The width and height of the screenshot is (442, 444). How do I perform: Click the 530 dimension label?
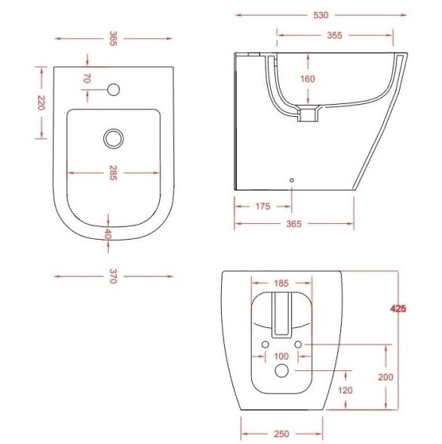click(321, 15)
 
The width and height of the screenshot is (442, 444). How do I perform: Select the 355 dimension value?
click(334, 35)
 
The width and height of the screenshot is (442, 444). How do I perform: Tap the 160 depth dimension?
click(308, 78)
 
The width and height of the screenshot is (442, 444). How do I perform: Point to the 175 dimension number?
click(262, 207)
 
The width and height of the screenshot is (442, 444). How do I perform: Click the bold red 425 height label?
click(398, 308)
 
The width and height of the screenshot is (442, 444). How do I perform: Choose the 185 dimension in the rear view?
click(281, 283)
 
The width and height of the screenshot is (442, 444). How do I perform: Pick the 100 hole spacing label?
click(281, 357)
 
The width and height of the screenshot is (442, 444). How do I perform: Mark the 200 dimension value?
click(385, 377)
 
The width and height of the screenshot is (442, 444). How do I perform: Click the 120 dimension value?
click(345, 390)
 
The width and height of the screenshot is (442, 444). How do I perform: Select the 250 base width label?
click(281, 433)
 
